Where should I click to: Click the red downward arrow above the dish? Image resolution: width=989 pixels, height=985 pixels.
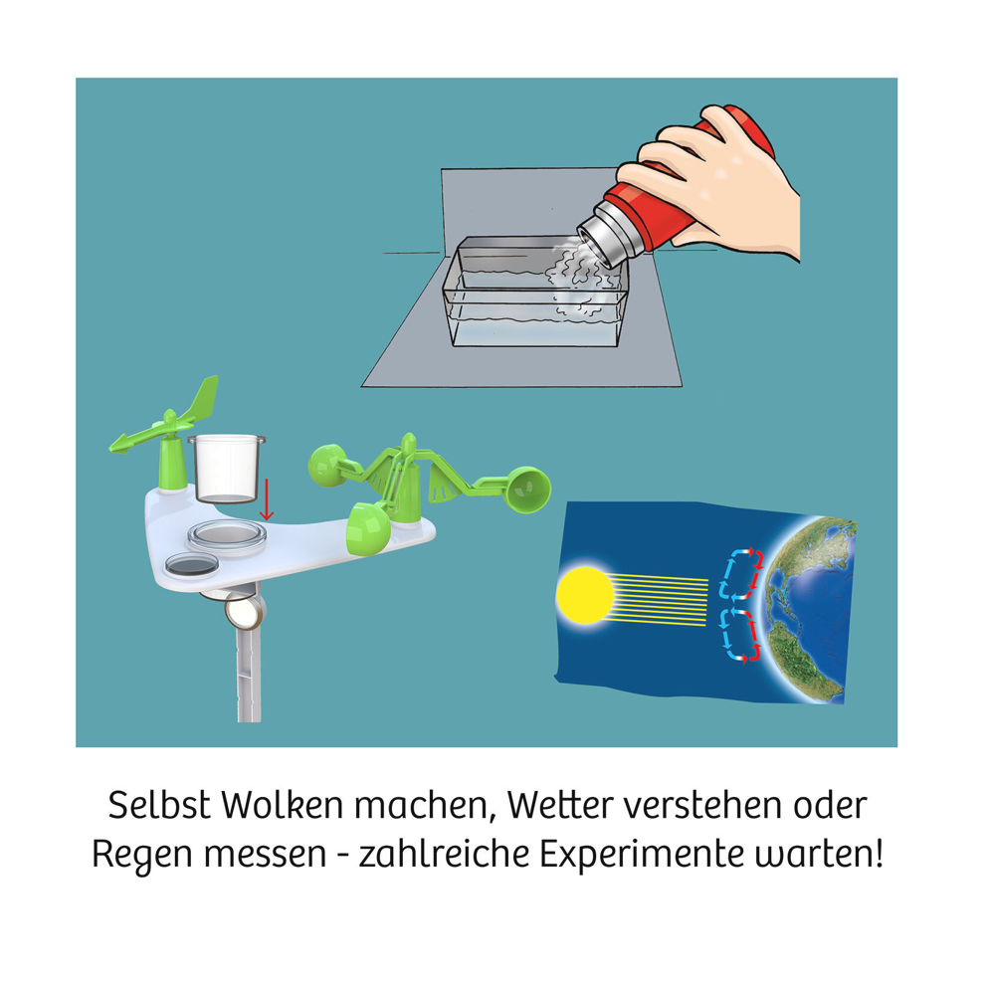(x=266, y=497)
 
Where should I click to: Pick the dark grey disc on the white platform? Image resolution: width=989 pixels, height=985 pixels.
(x=189, y=565)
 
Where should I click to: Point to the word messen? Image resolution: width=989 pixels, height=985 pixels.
(x=270, y=856)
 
